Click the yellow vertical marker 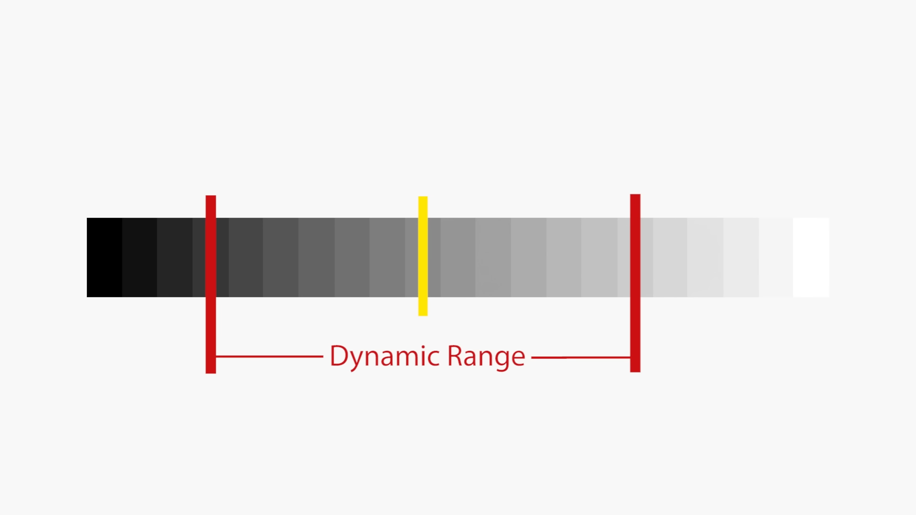tap(423, 256)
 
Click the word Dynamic tap(385, 356)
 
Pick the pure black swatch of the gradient tap(104, 257)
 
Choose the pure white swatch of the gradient tap(811, 257)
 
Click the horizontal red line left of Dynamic tap(270, 356)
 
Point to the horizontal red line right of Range tap(581, 357)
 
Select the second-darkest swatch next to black tap(139, 257)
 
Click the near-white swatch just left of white tap(776, 257)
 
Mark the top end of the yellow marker tap(423, 198)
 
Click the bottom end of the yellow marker tap(423, 313)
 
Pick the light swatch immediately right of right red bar tap(646, 257)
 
